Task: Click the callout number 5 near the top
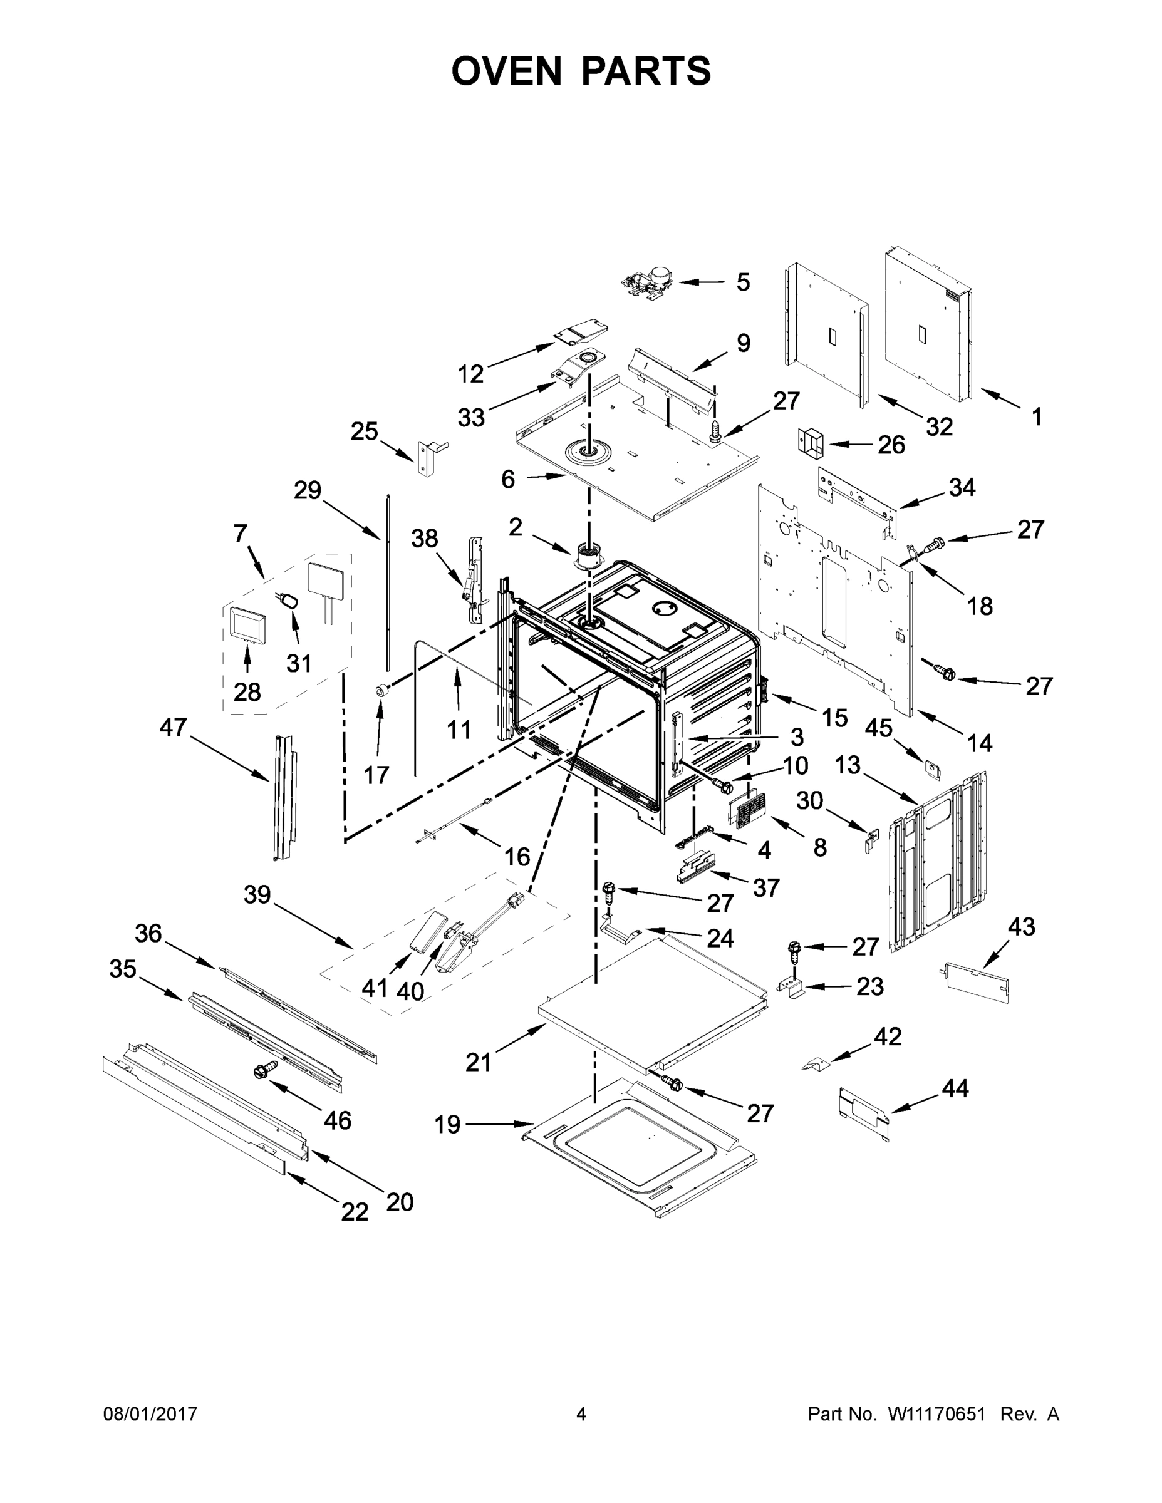(x=743, y=282)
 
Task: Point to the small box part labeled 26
(x=812, y=440)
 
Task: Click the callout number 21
(x=479, y=1062)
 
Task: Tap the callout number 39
(x=257, y=895)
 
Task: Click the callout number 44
(x=954, y=1088)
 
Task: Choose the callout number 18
(x=980, y=606)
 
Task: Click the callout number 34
(x=962, y=487)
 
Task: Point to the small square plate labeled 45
(x=933, y=770)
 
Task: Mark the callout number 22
(x=355, y=1212)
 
